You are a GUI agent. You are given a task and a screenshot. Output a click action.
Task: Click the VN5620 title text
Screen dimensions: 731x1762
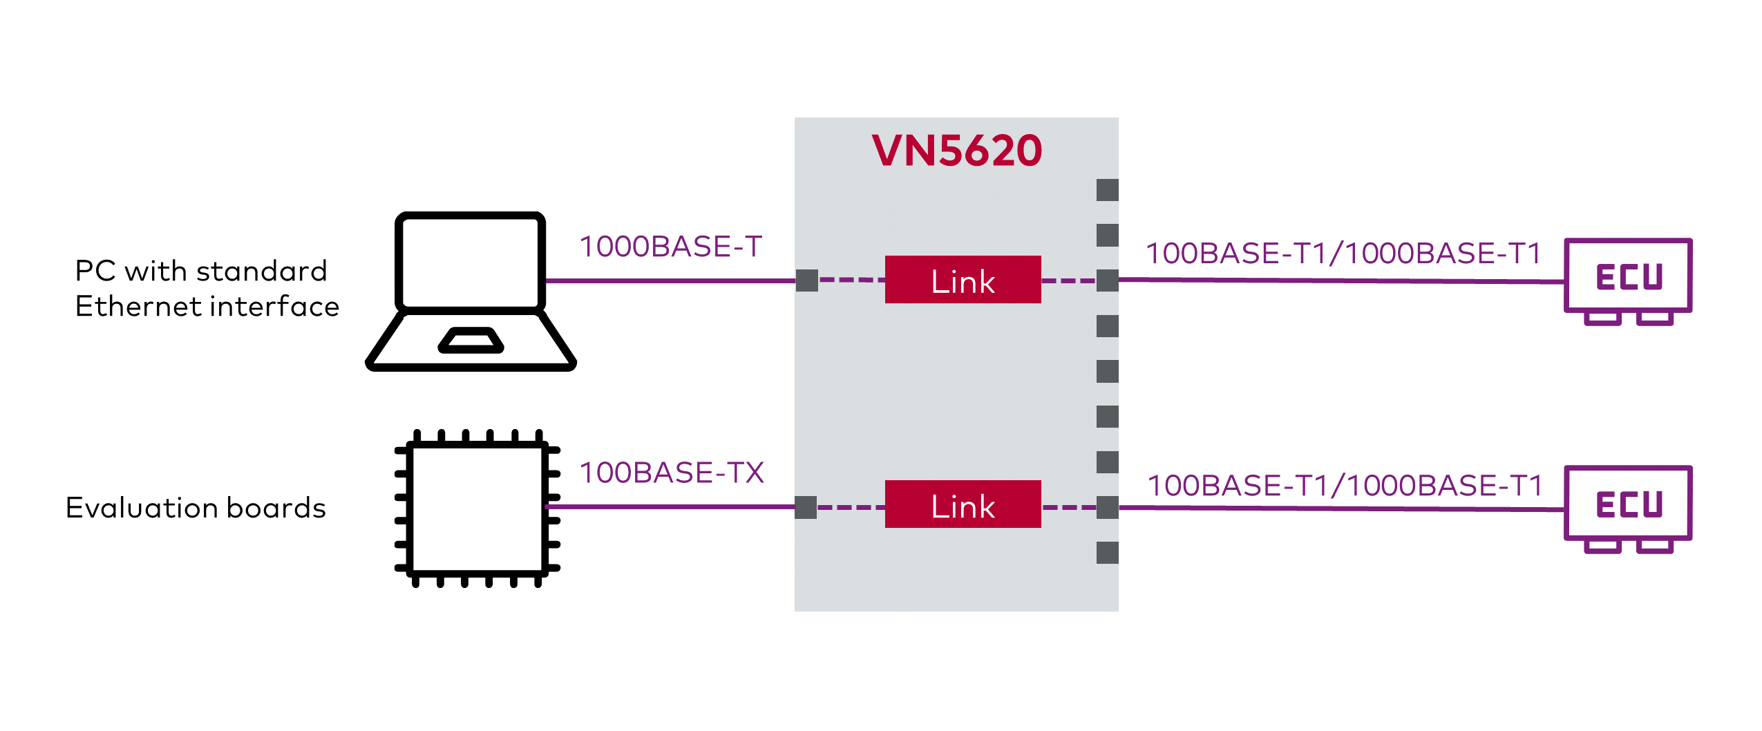point(956,151)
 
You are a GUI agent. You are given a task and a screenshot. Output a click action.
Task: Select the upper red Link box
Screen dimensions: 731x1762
point(963,280)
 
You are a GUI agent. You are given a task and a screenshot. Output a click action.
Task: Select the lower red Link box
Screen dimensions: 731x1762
point(963,504)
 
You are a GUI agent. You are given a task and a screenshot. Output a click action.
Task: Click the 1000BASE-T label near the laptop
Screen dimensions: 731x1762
point(670,247)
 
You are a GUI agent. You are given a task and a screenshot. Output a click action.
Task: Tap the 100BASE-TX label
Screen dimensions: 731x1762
point(672,473)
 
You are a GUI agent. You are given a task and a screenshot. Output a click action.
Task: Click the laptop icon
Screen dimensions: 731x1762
point(471,290)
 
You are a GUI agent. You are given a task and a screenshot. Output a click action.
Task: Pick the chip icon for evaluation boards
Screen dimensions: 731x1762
point(477,508)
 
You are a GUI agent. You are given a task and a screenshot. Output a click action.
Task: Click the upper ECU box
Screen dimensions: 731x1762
point(1628,276)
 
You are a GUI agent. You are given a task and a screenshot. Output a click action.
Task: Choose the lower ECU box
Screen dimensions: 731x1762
point(1628,504)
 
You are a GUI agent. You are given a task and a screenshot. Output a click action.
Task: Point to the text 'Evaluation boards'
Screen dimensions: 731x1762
point(196,508)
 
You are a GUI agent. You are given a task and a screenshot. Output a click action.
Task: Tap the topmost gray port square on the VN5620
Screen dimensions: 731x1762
point(1107,190)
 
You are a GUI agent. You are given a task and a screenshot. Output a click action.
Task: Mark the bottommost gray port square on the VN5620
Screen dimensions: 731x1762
point(1107,553)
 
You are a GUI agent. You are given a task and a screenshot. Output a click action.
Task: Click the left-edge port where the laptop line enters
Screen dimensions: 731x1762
point(806,281)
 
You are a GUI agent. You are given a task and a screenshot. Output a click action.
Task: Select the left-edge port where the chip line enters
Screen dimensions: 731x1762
point(806,507)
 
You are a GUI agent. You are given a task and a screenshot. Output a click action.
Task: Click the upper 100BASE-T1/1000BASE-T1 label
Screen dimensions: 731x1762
point(1343,254)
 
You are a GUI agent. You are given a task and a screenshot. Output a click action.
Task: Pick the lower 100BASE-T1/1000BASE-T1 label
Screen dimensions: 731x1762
point(1345,486)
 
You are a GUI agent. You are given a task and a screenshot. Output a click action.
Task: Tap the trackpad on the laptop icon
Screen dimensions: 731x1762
point(471,341)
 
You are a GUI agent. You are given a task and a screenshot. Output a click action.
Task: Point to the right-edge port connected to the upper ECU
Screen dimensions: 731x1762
point(1107,281)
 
